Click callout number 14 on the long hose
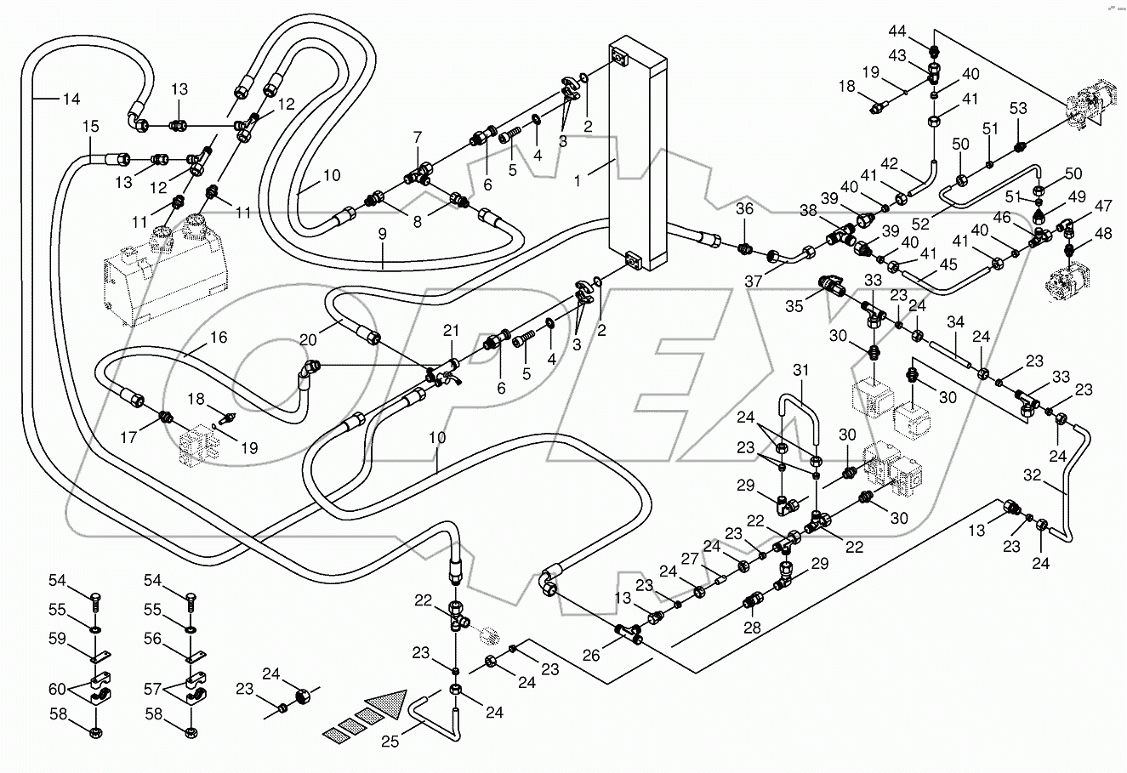coord(71,99)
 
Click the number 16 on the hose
coord(219,338)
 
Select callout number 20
coord(309,338)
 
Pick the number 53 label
coord(1018,108)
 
